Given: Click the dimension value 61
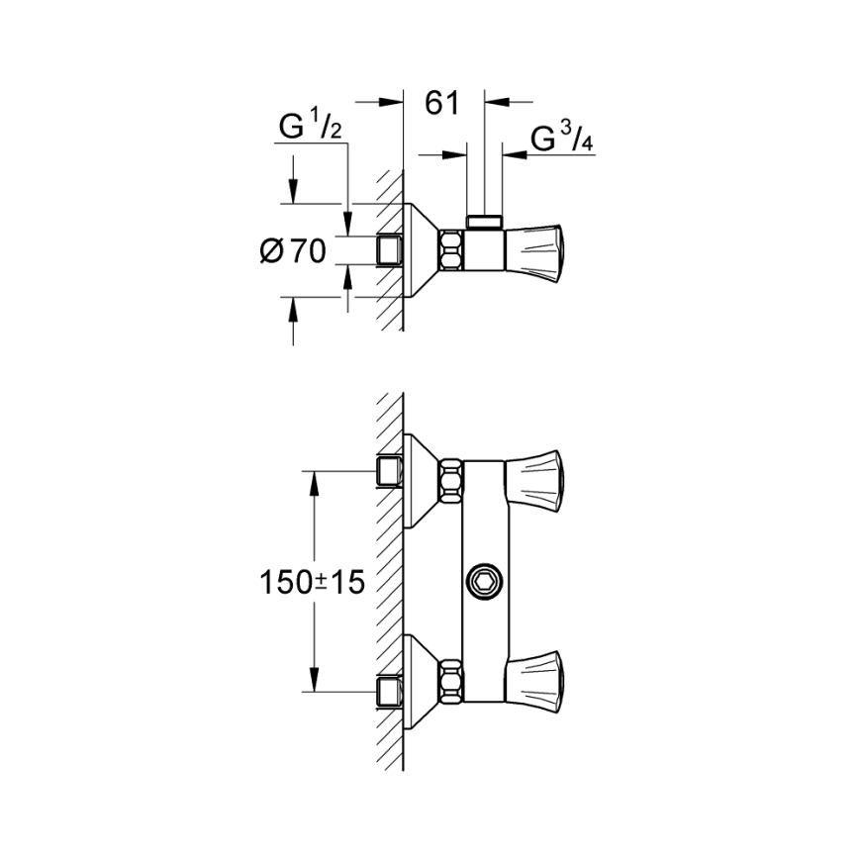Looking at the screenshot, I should (x=442, y=102).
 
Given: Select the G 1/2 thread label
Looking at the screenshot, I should (x=310, y=128).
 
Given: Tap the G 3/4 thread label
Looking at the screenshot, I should (x=562, y=140).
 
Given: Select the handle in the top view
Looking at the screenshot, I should (x=537, y=251).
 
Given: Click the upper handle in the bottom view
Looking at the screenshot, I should (x=534, y=475).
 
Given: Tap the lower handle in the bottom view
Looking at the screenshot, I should (x=534, y=677).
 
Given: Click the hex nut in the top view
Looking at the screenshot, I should (x=451, y=251).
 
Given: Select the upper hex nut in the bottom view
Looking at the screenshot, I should (x=451, y=475).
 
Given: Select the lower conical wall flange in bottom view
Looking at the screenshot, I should (x=422, y=679).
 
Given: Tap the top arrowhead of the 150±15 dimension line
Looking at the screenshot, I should (x=314, y=481).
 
